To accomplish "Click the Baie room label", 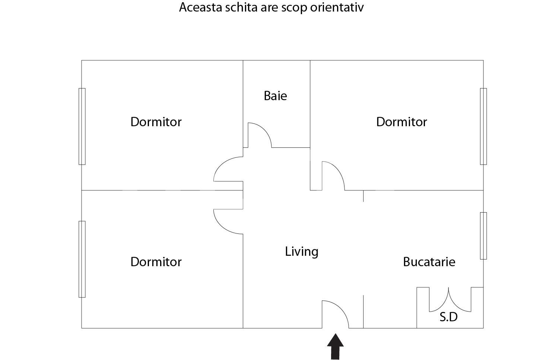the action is pos(275,96).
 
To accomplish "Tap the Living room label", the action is pos(302,251).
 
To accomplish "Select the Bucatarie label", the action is pos(429,262).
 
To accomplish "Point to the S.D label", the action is pos(448,317).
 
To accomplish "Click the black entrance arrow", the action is pos(335,347).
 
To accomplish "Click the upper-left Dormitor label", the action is pos(156,122).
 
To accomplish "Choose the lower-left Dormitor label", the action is pos(156,262).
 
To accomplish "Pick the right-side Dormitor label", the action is pos(401,122).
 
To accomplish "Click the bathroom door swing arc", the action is pos(265,130).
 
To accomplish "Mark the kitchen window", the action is pos(483,236).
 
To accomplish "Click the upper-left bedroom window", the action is pos(82,127).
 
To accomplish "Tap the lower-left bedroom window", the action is pos(82,259).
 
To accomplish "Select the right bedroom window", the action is pos(483,127).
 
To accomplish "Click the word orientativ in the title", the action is pos(337,7).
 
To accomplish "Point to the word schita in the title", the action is pos(241,7).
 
